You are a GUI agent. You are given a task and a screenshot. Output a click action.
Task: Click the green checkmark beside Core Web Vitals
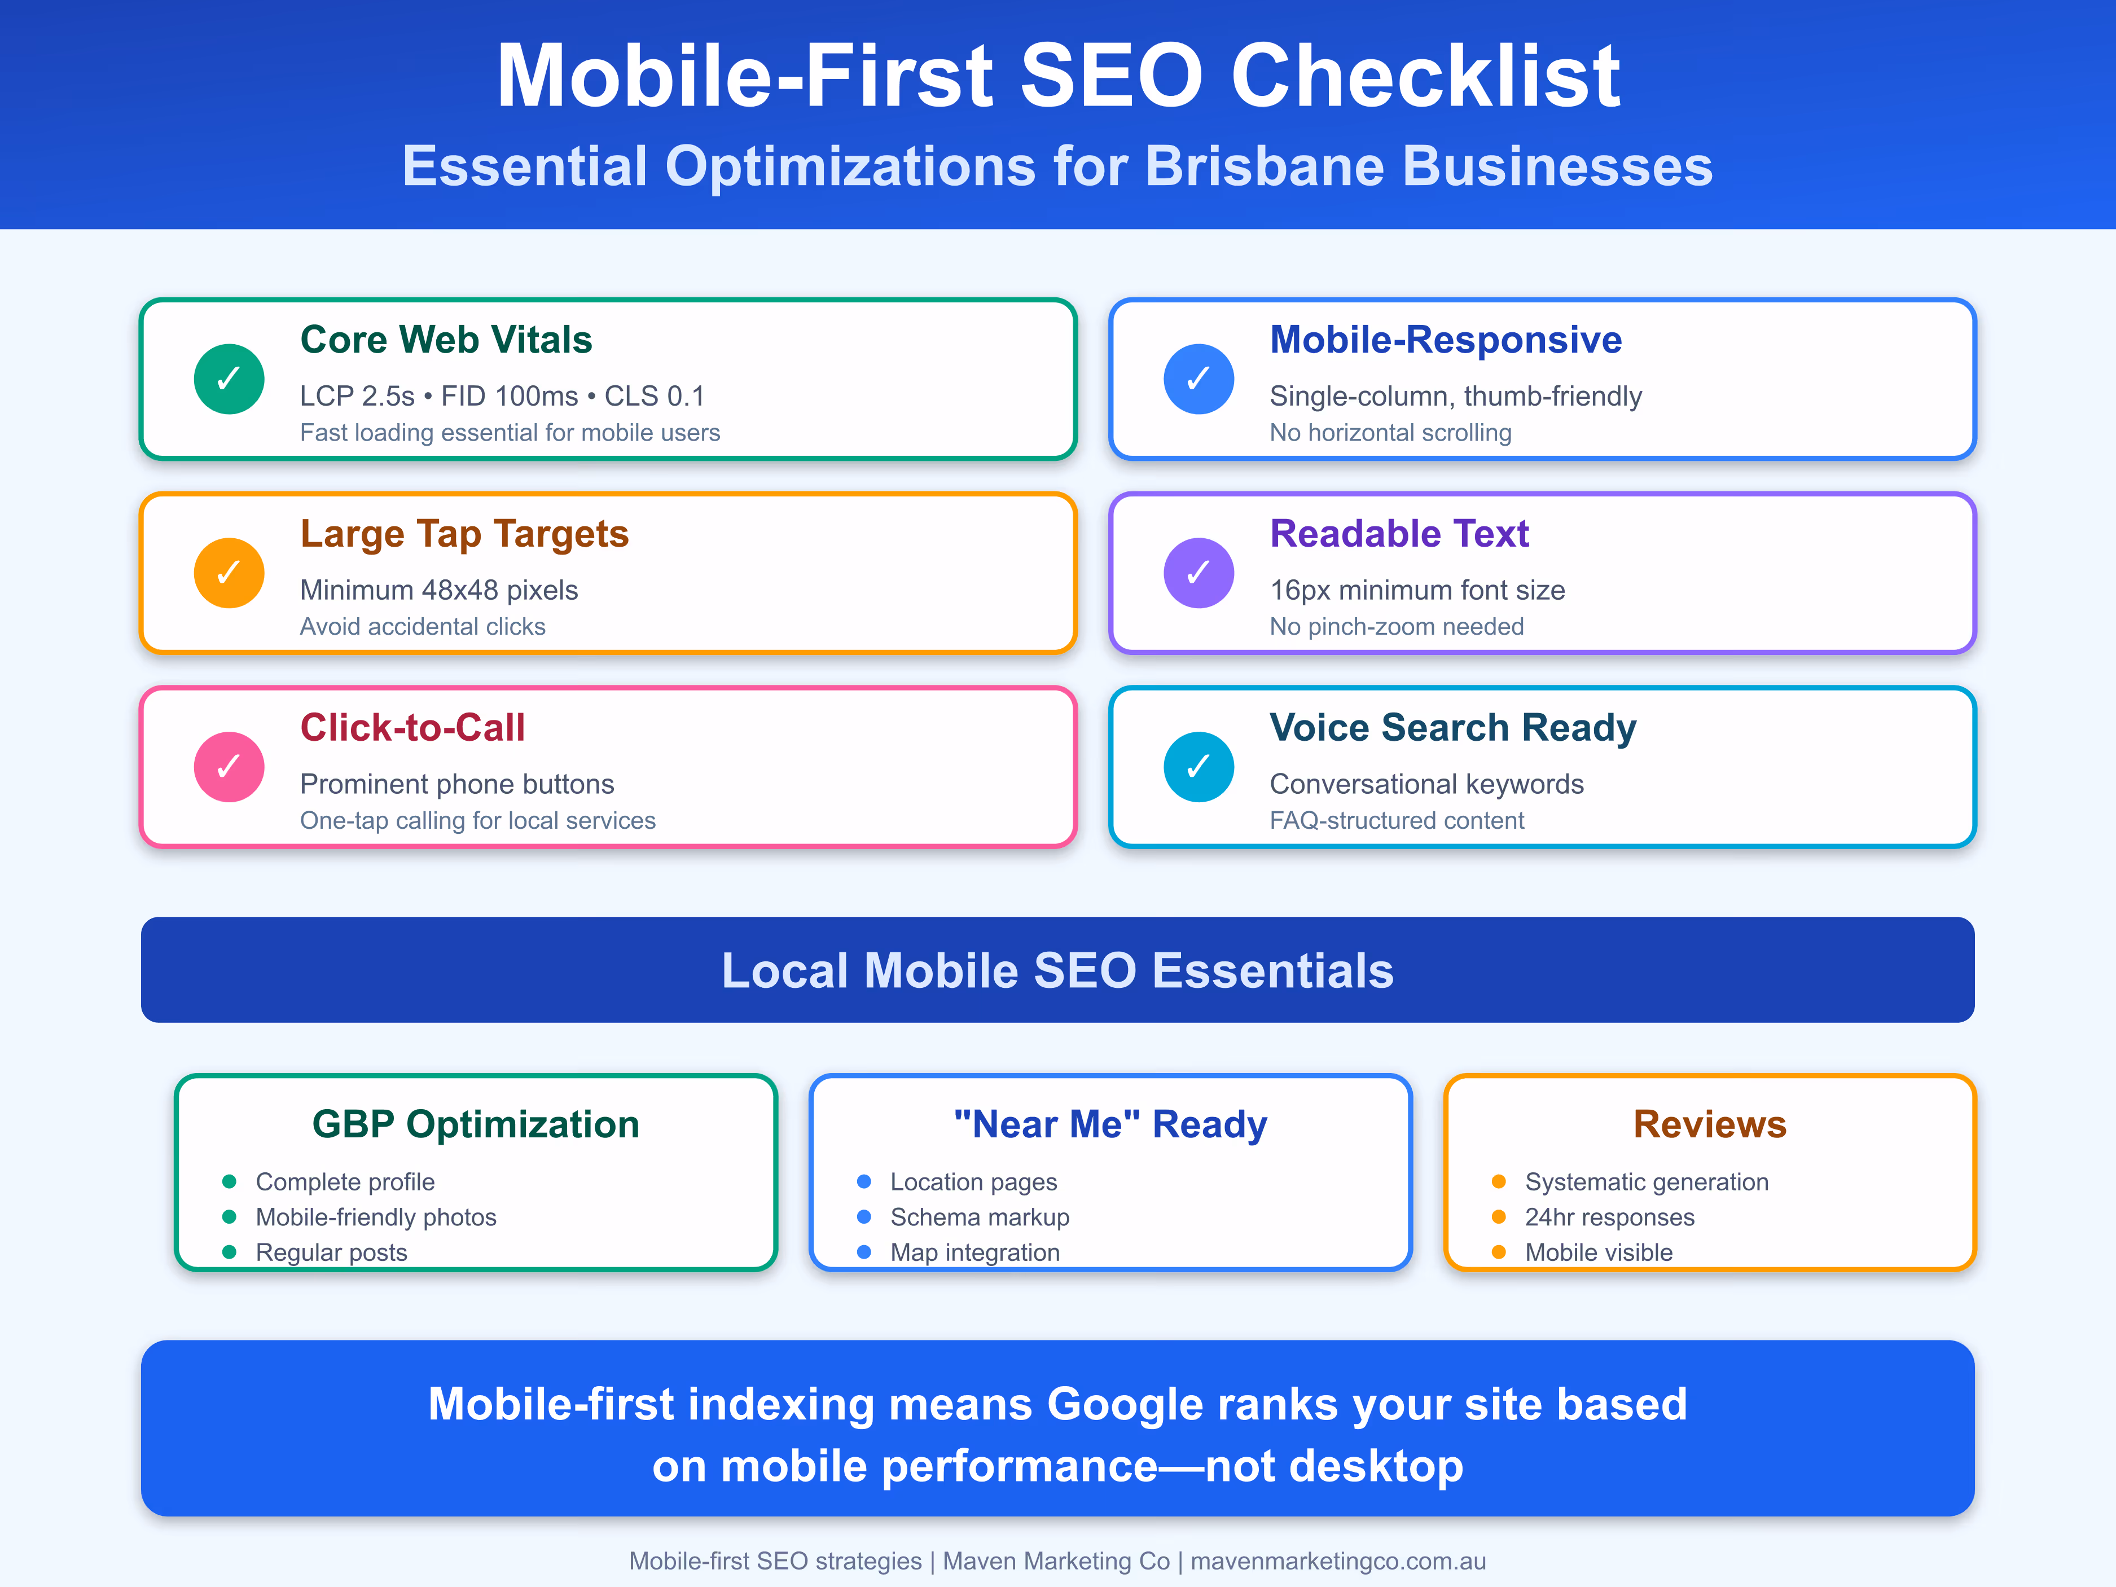[229, 379]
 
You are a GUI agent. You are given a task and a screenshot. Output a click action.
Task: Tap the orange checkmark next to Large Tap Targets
[229, 573]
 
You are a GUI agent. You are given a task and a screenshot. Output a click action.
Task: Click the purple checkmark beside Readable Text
[1199, 573]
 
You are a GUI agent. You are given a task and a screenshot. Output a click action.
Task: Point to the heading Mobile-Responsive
[1446, 340]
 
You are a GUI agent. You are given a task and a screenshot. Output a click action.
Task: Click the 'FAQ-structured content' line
[1397, 821]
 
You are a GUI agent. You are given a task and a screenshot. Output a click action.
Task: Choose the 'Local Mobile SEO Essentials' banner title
[1057, 970]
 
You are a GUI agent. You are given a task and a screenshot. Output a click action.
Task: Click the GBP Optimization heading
[476, 1124]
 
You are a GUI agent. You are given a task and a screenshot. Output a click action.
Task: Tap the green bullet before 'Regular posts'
[229, 1251]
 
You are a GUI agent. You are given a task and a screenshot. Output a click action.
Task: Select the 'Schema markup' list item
[980, 1217]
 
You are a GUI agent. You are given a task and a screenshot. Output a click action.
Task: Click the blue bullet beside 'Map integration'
[864, 1251]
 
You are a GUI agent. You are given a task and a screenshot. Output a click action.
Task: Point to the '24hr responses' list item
[1609, 1217]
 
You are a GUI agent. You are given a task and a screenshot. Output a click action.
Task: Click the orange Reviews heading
[1709, 1124]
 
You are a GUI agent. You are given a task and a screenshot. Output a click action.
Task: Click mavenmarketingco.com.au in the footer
[1338, 1561]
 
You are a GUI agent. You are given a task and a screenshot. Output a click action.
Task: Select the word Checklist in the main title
[1425, 76]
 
